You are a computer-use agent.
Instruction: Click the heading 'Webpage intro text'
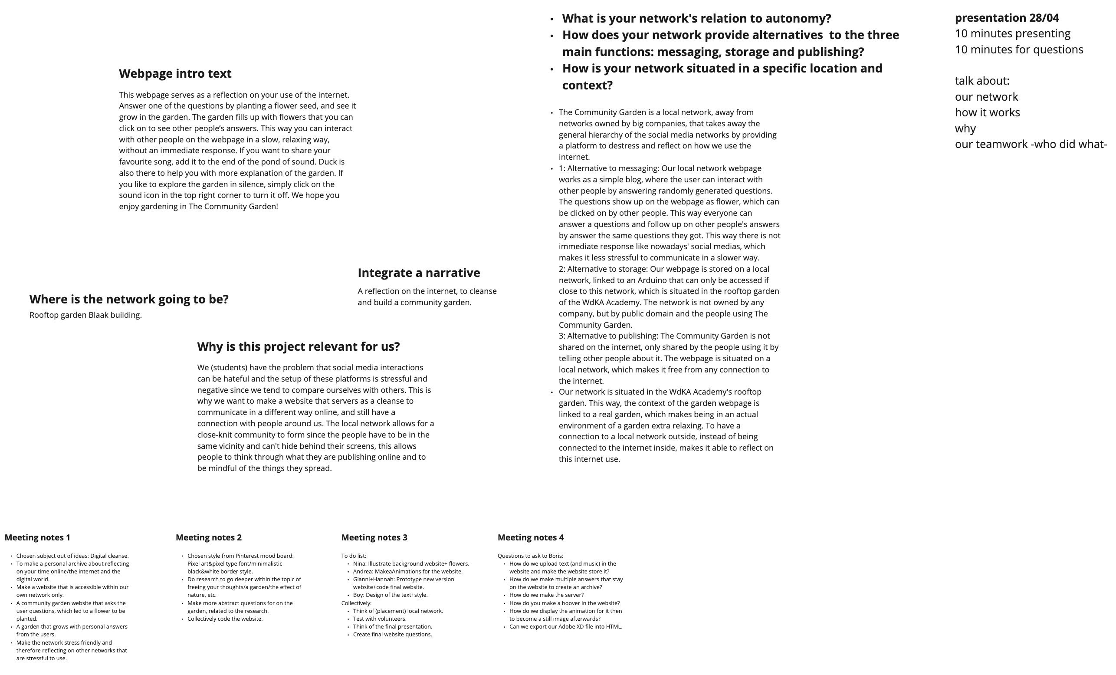[175, 73]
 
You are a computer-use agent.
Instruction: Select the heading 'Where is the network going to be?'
[128, 299]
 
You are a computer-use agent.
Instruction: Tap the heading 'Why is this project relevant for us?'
[298, 346]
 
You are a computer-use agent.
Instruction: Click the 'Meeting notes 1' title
[37, 537]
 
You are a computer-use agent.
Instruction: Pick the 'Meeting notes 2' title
[208, 537]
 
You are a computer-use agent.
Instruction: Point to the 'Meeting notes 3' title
[374, 537]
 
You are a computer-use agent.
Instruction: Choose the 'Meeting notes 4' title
[530, 537]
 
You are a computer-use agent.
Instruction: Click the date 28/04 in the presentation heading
[1044, 18]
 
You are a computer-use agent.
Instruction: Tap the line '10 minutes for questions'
[1019, 50]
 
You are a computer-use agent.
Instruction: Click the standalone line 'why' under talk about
[965, 128]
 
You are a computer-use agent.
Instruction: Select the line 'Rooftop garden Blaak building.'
[85, 315]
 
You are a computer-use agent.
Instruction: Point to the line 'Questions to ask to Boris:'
[530, 556]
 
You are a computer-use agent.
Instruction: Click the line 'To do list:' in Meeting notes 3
[354, 556]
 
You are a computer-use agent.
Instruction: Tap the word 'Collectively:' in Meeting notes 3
[356, 603]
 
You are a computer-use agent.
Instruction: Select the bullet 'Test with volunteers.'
[380, 619]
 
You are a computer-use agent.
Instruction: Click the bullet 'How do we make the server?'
[546, 595]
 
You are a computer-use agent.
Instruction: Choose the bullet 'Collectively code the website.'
[225, 619]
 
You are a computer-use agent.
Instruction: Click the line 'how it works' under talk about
[988, 113]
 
